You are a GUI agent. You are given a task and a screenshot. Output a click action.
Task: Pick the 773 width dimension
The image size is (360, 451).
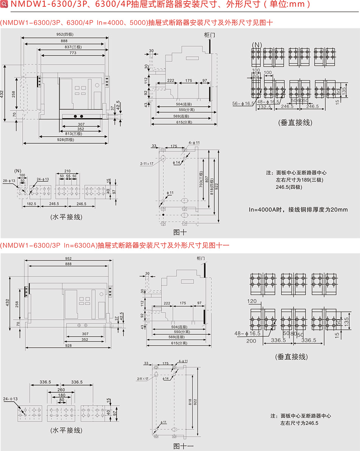pos(73,53)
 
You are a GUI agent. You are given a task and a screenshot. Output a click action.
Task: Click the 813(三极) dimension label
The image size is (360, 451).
pos(74,134)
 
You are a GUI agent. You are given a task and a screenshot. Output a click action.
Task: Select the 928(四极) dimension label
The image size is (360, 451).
pos(66,140)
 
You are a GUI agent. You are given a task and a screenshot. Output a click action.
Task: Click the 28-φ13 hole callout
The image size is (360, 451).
pos(9,180)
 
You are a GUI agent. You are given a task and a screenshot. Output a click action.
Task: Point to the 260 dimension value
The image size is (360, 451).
pos(61,390)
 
